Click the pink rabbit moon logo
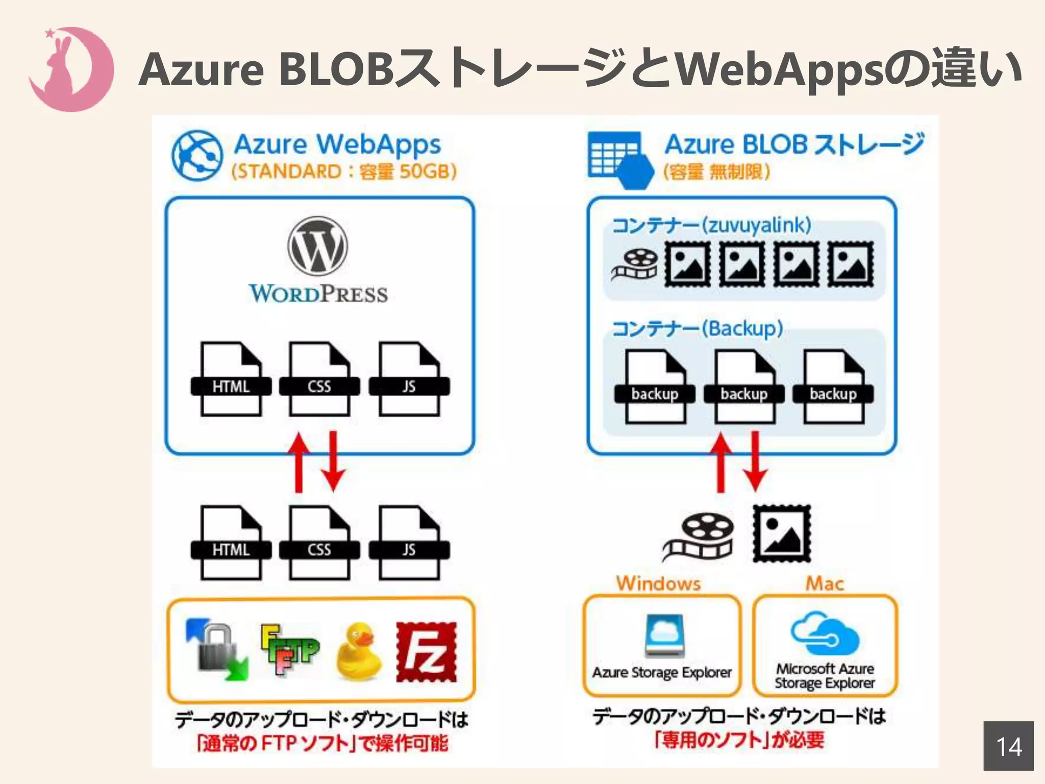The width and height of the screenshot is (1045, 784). point(71,69)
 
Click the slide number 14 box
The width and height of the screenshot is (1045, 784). point(1008,746)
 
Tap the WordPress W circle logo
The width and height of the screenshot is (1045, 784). point(317,246)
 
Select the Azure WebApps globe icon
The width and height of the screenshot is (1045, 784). point(197,155)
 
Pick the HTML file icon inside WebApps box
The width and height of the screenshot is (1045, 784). point(231,379)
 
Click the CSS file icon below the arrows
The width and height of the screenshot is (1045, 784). point(319,543)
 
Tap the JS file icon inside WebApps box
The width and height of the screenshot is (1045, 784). point(409,379)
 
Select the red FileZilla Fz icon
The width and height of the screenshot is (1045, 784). point(427,652)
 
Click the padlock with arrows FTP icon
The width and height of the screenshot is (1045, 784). point(217,649)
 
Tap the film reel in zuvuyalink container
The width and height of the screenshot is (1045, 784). point(635,264)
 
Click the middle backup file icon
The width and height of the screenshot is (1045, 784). point(744,387)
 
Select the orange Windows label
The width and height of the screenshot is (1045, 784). point(658,583)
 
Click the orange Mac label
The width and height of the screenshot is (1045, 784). point(825,583)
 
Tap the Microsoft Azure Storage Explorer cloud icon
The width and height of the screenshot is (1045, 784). point(825,634)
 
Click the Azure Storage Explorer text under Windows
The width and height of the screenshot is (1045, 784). point(662,673)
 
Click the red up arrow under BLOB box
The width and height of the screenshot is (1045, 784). point(721,462)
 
